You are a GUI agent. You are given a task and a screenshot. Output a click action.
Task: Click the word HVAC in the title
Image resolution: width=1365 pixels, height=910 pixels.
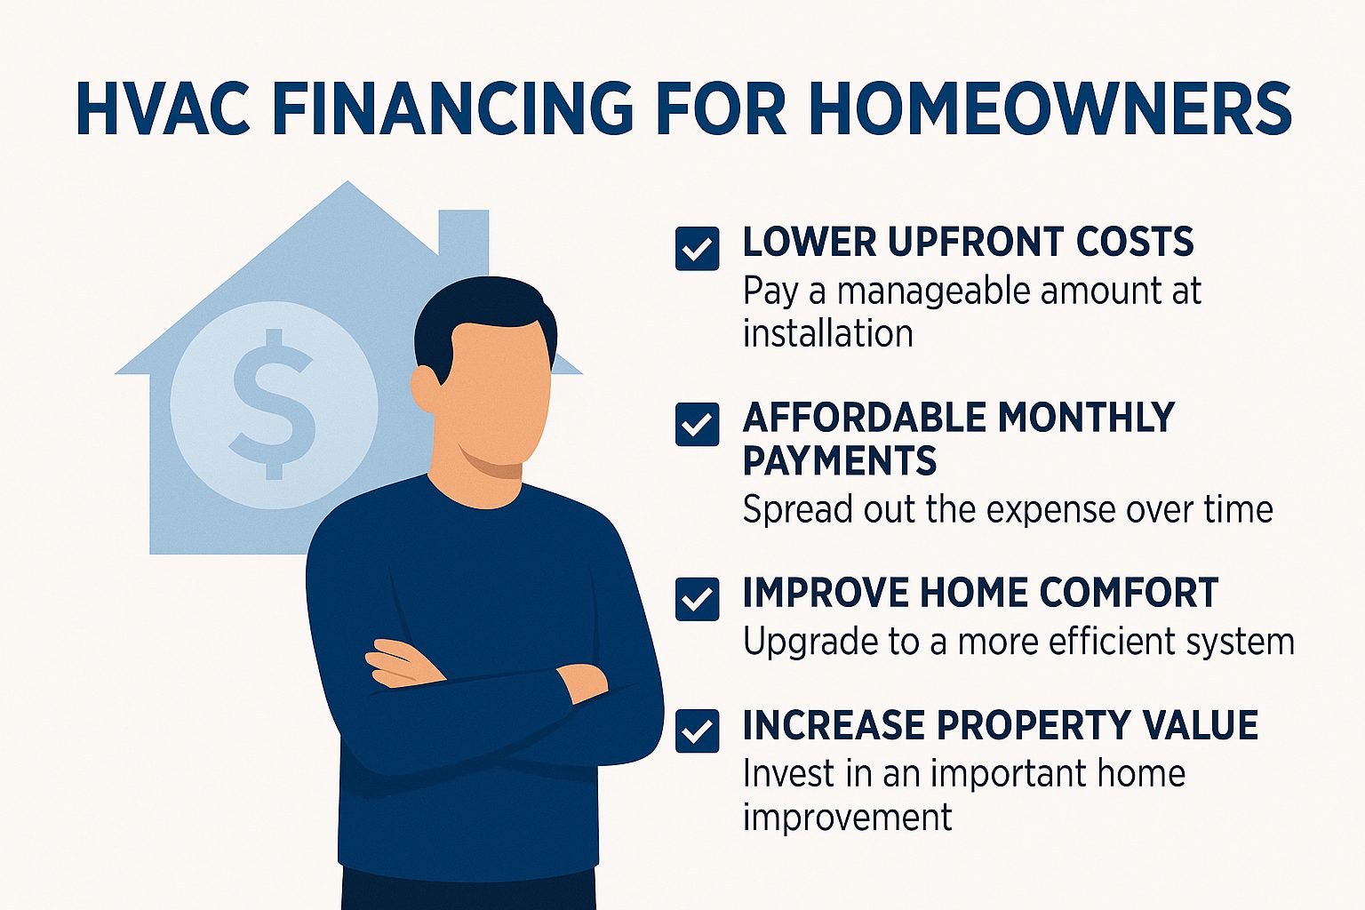coord(164,108)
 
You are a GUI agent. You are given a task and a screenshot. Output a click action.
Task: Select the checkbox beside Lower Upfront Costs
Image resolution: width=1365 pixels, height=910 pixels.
coord(697,249)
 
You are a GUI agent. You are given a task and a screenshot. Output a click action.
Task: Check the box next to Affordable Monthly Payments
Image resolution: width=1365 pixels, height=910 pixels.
coord(697,424)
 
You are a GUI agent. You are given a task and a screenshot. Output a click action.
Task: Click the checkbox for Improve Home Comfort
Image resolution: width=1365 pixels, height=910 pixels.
coord(697,599)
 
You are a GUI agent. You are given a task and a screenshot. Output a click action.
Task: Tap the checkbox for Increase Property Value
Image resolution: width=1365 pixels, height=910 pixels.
coord(697,730)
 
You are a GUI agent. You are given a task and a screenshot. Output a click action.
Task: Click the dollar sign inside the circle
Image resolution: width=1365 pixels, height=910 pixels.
coord(273,404)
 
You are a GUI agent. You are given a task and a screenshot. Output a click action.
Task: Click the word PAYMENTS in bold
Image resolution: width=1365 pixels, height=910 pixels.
coord(840,460)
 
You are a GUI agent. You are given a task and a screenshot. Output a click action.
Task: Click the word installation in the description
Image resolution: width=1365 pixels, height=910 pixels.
coord(828,334)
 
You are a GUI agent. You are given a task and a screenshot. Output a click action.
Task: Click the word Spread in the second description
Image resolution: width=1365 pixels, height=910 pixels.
coord(798,510)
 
